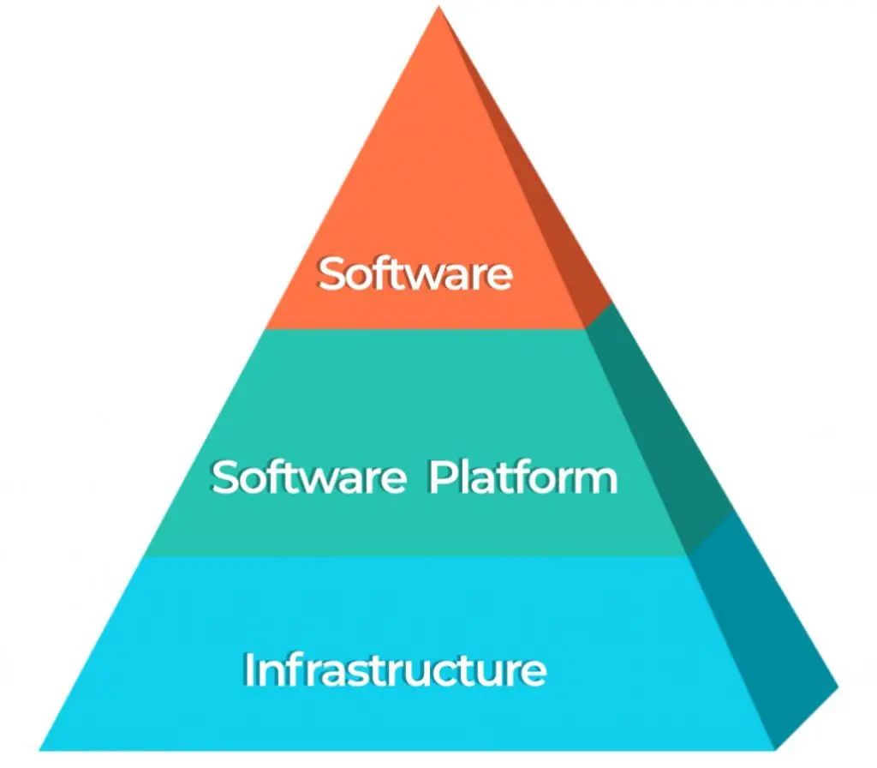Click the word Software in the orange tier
(415, 273)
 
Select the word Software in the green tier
(308, 477)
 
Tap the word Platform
(523, 477)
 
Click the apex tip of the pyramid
(439, 7)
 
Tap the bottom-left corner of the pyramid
(39, 749)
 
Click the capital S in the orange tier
(331, 273)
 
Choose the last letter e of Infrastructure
(534, 674)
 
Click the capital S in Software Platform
(225, 477)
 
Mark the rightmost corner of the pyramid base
(838, 687)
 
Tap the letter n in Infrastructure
(270, 674)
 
